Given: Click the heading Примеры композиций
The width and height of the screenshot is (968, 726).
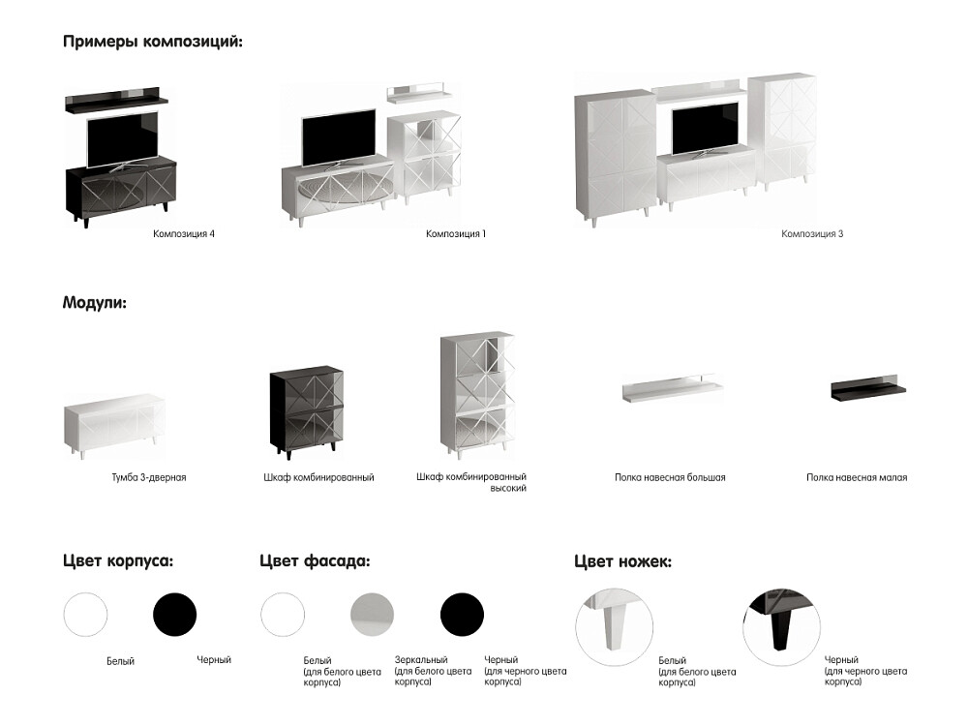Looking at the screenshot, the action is click(x=153, y=42).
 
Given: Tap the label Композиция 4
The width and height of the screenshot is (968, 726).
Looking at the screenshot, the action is click(x=184, y=234).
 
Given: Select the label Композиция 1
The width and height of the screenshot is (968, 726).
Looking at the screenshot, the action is click(x=456, y=234).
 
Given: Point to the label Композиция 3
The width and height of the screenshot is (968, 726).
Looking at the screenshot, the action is click(x=812, y=234).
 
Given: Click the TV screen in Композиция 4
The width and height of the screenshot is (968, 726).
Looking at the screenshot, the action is click(x=122, y=138).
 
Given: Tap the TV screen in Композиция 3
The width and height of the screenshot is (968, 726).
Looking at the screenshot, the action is click(x=705, y=129).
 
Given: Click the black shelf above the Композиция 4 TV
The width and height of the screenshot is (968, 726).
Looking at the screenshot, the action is click(x=117, y=100).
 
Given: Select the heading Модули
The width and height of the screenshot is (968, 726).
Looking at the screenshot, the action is click(x=95, y=303).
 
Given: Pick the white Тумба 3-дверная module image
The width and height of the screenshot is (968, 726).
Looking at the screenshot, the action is click(x=114, y=425).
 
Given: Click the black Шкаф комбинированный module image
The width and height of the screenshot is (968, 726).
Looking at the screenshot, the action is click(x=306, y=412).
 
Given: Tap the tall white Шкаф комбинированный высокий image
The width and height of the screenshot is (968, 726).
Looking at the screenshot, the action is click(x=477, y=395).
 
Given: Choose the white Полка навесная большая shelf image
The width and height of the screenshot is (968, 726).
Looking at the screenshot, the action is click(x=673, y=389).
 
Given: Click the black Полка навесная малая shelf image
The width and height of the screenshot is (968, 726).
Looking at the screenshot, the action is click(x=868, y=388).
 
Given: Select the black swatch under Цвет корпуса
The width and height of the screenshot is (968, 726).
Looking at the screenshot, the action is click(x=174, y=615).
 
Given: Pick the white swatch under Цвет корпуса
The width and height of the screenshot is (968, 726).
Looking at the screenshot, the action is click(x=85, y=615).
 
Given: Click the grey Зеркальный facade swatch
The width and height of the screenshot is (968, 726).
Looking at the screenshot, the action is click(x=373, y=615).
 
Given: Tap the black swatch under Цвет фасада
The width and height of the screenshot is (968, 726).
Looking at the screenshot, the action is click(x=462, y=615).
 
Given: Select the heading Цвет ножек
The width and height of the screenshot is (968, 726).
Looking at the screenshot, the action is click(x=622, y=561).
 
